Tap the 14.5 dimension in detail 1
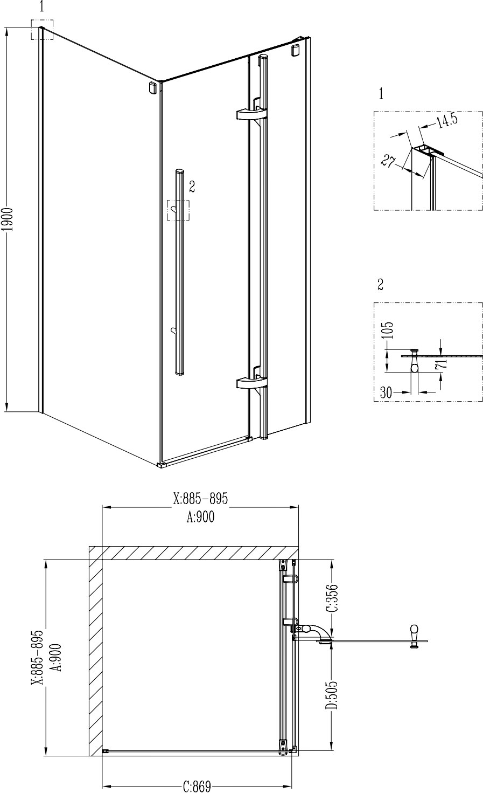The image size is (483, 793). point(446,120)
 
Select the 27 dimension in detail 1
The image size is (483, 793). point(388,161)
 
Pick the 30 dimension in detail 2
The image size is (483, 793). point(386,392)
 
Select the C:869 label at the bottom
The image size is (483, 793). point(197,787)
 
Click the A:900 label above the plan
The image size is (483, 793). point(200,517)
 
